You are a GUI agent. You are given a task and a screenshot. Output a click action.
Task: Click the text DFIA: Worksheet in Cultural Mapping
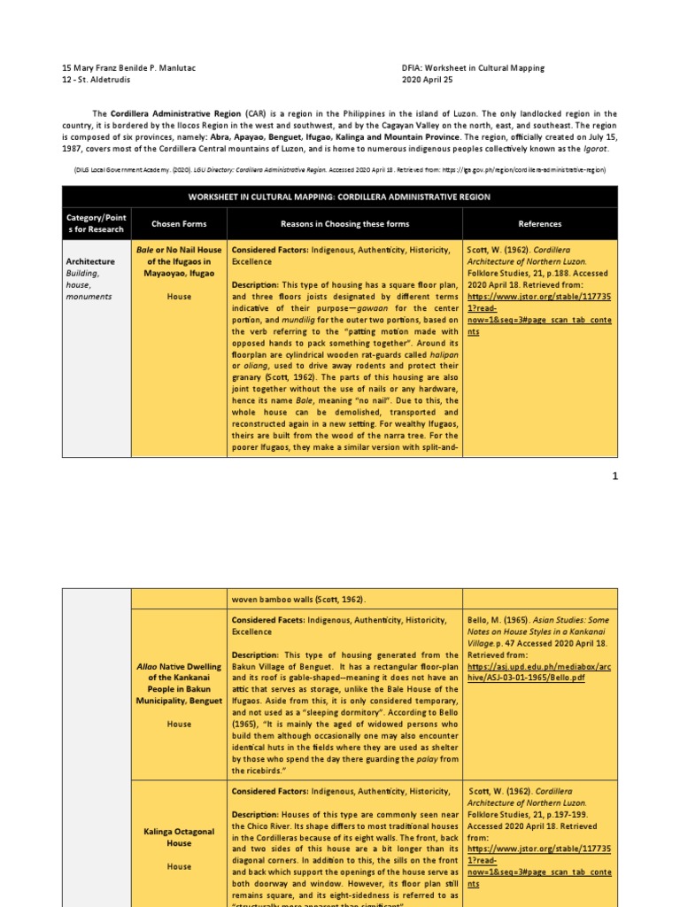point(473,67)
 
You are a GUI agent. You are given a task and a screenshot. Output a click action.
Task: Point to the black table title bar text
point(340,196)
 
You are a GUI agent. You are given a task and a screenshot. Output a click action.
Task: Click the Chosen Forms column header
point(178,224)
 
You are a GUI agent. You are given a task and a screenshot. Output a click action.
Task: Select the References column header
point(539,224)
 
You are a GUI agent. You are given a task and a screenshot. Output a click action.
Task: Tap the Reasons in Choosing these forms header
point(345,224)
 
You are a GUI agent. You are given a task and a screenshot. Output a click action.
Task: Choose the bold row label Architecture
point(90,261)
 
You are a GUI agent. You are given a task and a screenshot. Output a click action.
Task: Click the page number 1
point(614,476)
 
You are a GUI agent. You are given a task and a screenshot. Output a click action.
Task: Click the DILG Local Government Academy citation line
point(339,167)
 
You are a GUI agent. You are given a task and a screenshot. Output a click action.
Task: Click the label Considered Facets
point(268,620)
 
